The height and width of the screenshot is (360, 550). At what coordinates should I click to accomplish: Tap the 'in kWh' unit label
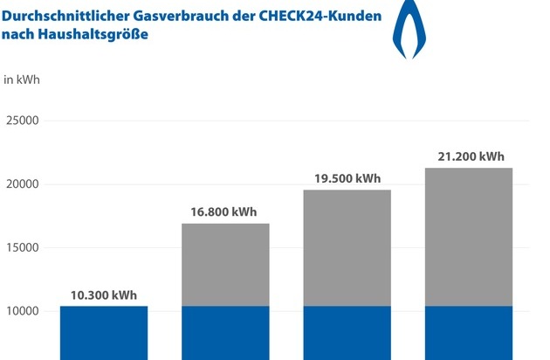click(22, 80)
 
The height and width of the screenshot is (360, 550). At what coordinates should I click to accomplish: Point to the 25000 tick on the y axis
click(24, 121)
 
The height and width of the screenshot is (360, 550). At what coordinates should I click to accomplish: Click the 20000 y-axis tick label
click(24, 184)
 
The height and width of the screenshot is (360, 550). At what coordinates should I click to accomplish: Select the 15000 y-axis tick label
click(24, 247)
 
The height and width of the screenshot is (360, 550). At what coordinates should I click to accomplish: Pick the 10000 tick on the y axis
click(24, 311)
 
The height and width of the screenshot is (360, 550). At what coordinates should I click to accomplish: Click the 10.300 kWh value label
click(103, 294)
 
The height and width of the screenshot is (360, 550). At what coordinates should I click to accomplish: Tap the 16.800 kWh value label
click(225, 212)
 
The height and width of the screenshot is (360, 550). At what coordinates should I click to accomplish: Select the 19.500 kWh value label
click(347, 178)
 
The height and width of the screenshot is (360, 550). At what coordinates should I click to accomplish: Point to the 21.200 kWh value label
click(469, 157)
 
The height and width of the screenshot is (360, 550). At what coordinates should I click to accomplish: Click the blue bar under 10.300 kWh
click(103, 332)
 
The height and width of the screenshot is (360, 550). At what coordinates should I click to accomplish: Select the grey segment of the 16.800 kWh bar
click(225, 265)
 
